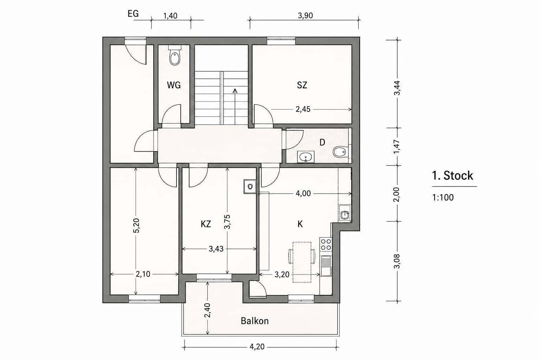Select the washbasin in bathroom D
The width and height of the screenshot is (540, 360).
click(x=306, y=157)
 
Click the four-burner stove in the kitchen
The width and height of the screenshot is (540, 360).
click(x=326, y=244)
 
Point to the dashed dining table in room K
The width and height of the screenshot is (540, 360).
click(x=302, y=262)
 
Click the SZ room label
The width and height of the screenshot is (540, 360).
click(x=302, y=85)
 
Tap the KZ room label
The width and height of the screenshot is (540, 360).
click(x=206, y=224)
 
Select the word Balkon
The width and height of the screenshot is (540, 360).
click(x=255, y=321)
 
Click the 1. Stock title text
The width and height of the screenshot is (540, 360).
click(x=452, y=175)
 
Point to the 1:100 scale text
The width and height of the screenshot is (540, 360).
click(x=443, y=198)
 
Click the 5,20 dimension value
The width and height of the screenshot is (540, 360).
click(x=136, y=225)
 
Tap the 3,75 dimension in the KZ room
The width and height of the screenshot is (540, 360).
click(x=227, y=221)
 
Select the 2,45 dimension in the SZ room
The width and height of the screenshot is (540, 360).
click(x=303, y=109)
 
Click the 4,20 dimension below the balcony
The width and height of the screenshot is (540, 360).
click(x=257, y=347)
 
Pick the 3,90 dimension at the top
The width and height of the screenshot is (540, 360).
click(x=306, y=16)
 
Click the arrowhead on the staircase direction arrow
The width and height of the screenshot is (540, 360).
click(x=235, y=90)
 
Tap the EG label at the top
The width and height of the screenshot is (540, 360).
click(x=133, y=14)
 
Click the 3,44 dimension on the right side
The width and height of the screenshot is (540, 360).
click(x=397, y=88)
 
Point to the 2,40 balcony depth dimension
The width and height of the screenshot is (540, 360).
click(x=207, y=310)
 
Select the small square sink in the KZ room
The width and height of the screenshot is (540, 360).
click(x=250, y=186)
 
